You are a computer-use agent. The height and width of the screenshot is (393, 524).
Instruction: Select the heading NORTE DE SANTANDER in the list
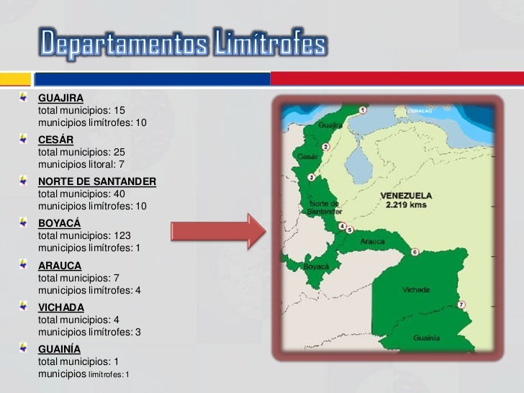[96, 181]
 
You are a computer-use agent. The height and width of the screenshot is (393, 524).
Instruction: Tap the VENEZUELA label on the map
[406, 195]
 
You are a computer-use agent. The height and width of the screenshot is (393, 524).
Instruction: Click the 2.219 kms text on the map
[406, 204]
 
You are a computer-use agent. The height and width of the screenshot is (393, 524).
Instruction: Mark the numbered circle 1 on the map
[362, 110]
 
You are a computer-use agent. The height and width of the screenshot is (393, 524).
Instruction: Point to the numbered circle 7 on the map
[461, 304]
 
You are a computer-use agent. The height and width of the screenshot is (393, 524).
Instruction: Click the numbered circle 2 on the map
[326, 147]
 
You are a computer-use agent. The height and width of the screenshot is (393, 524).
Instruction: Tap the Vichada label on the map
[417, 289]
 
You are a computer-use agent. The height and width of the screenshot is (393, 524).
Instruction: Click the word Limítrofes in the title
[270, 45]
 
